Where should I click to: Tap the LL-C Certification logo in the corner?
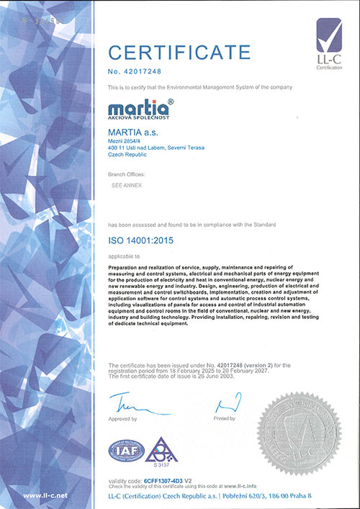coord(330,43)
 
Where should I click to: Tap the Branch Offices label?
coord(127,174)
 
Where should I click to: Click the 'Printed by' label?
coord(225,418)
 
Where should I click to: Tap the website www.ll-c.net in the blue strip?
coord(46,496)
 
